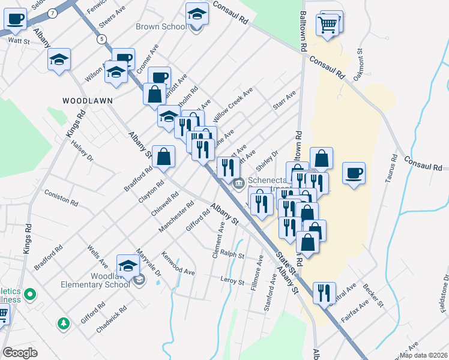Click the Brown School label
[x=161, y=26]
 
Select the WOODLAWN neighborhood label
[x=88, y=100]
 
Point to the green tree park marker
[x=63, y=324]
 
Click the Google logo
[x=20, y=353]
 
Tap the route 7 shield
[x=53, y=13]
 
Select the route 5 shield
[x=103, y=39]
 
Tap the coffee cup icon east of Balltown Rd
[x=354, y=173]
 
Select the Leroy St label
[x=232, y=281]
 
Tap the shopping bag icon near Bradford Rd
[x=163, y=157]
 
